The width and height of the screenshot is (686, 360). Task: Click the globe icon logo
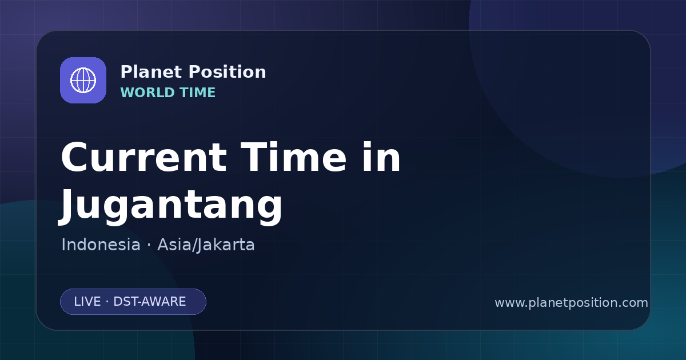(x=83, y=80)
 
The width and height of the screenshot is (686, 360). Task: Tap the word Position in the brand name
(x=228, y=72)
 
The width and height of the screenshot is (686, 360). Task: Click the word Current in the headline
(x=144, y=157)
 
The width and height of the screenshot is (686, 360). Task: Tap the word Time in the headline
(x=294, y=157)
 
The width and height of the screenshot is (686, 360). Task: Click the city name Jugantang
(x=170, y=205)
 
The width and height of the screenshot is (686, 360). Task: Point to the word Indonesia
(x=101, y=245)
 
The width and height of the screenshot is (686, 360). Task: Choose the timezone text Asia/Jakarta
(x=206, y=245)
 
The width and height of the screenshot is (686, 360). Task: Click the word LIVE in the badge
(x=87, y=302)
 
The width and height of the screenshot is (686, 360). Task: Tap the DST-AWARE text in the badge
(x=149, y=302)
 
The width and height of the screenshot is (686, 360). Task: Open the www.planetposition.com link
(x=571, y=303)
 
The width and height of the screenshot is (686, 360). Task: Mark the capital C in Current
(x=74, y=157)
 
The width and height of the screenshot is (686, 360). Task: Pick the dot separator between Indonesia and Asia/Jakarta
(x=149, y=245)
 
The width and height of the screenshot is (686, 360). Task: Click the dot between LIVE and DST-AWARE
(x=107, y=302)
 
